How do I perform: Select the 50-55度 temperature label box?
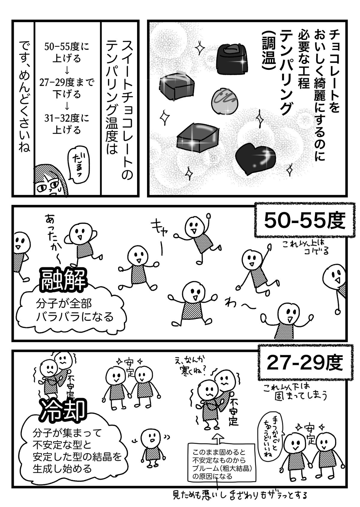pos(303,222)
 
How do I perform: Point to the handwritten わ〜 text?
pos(237,305)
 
